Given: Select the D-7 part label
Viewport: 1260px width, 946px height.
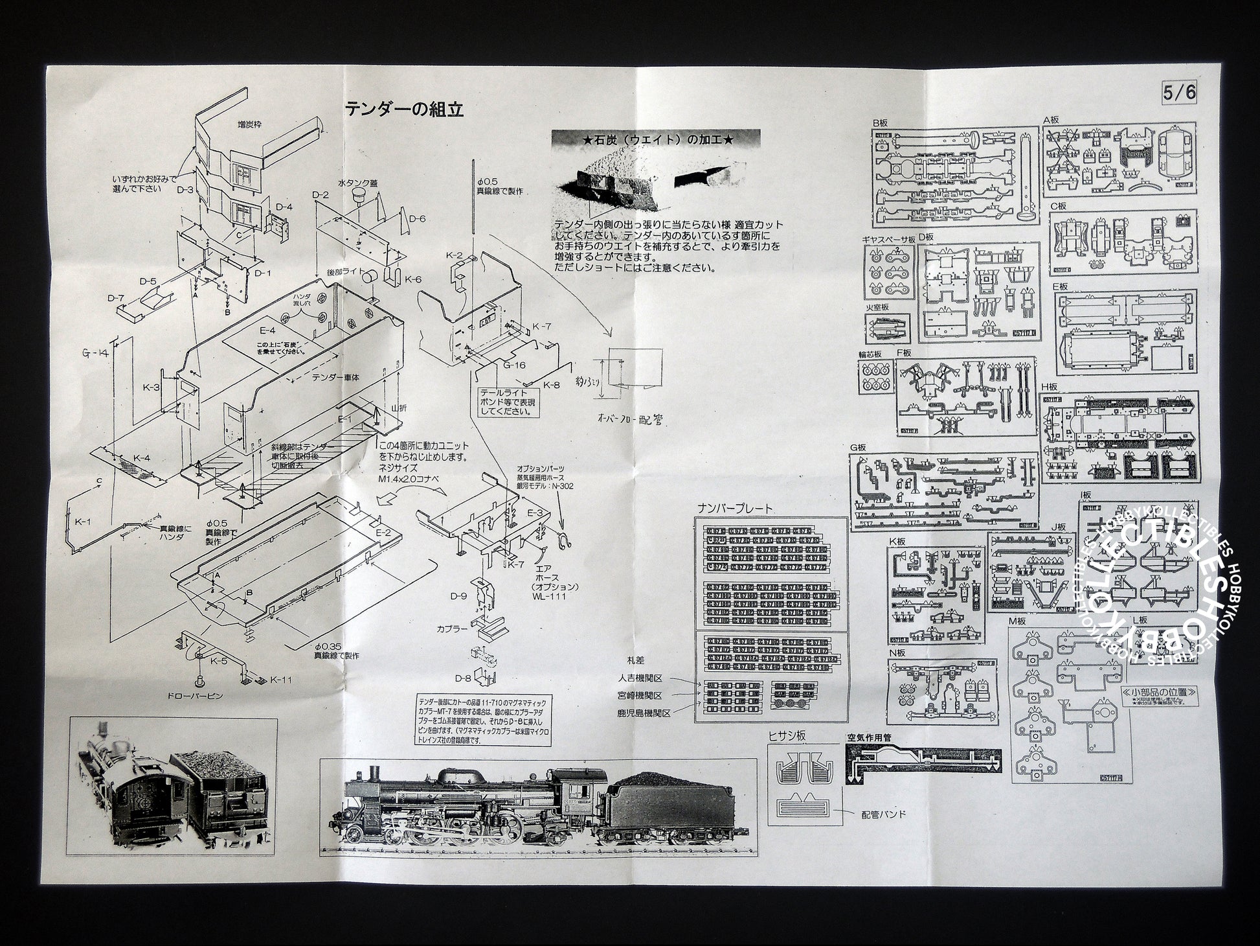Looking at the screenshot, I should tap(116, 297).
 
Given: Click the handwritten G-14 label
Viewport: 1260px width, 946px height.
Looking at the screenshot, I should tap(95, 352).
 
